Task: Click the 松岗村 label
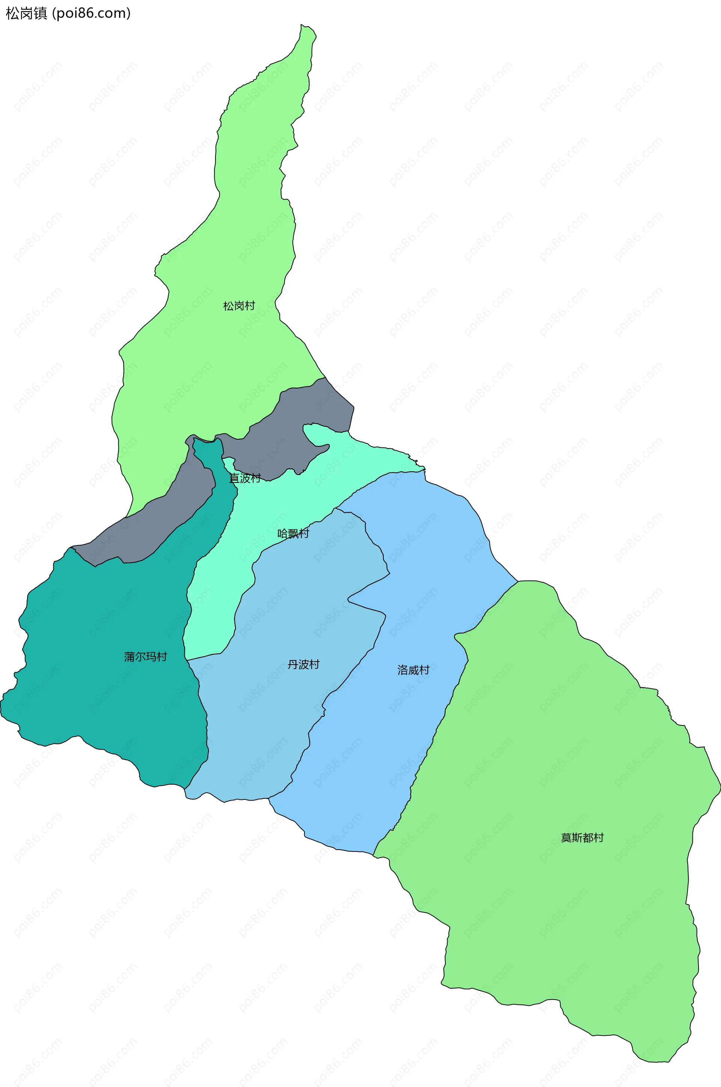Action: [x=239, y=306]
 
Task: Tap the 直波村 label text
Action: [x=244, y=478]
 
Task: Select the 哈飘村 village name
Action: [x=293, y=533]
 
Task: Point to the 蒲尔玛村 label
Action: [x=145, y=657]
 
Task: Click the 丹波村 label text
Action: [x=303, y=664]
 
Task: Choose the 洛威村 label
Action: [x=413, y=670]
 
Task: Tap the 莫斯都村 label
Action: [x=582, y=837]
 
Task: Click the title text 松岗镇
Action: [x=26, y=13]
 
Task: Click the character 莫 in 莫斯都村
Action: [x=566, y=837]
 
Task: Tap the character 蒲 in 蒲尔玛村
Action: [x=129, y=657]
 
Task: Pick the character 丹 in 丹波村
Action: [x=293, y=664]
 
